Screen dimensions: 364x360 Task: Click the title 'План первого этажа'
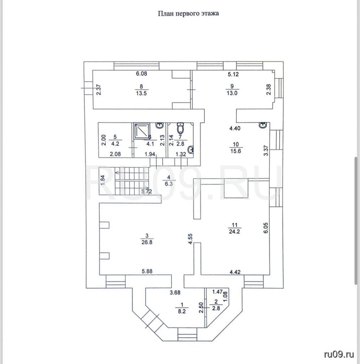pyautogui.click(x=188, y=14)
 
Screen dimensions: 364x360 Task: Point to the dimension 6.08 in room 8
pyautogui.click(x=142, y=74)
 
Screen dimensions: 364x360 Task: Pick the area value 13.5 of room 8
pyautogui.click(x=142, y=93)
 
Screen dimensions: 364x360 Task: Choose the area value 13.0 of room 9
pyautogui.click(x=232, y=93)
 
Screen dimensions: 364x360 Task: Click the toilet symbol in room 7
pyautogui.click(x=181, y=127)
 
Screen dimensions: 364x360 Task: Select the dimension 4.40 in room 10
pyautogui.click(x=235, y=129)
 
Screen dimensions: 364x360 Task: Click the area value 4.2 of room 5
pyautogui.click(x=115, y=144)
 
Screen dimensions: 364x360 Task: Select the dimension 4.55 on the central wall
pyautogui.click(x=190, y=238)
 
